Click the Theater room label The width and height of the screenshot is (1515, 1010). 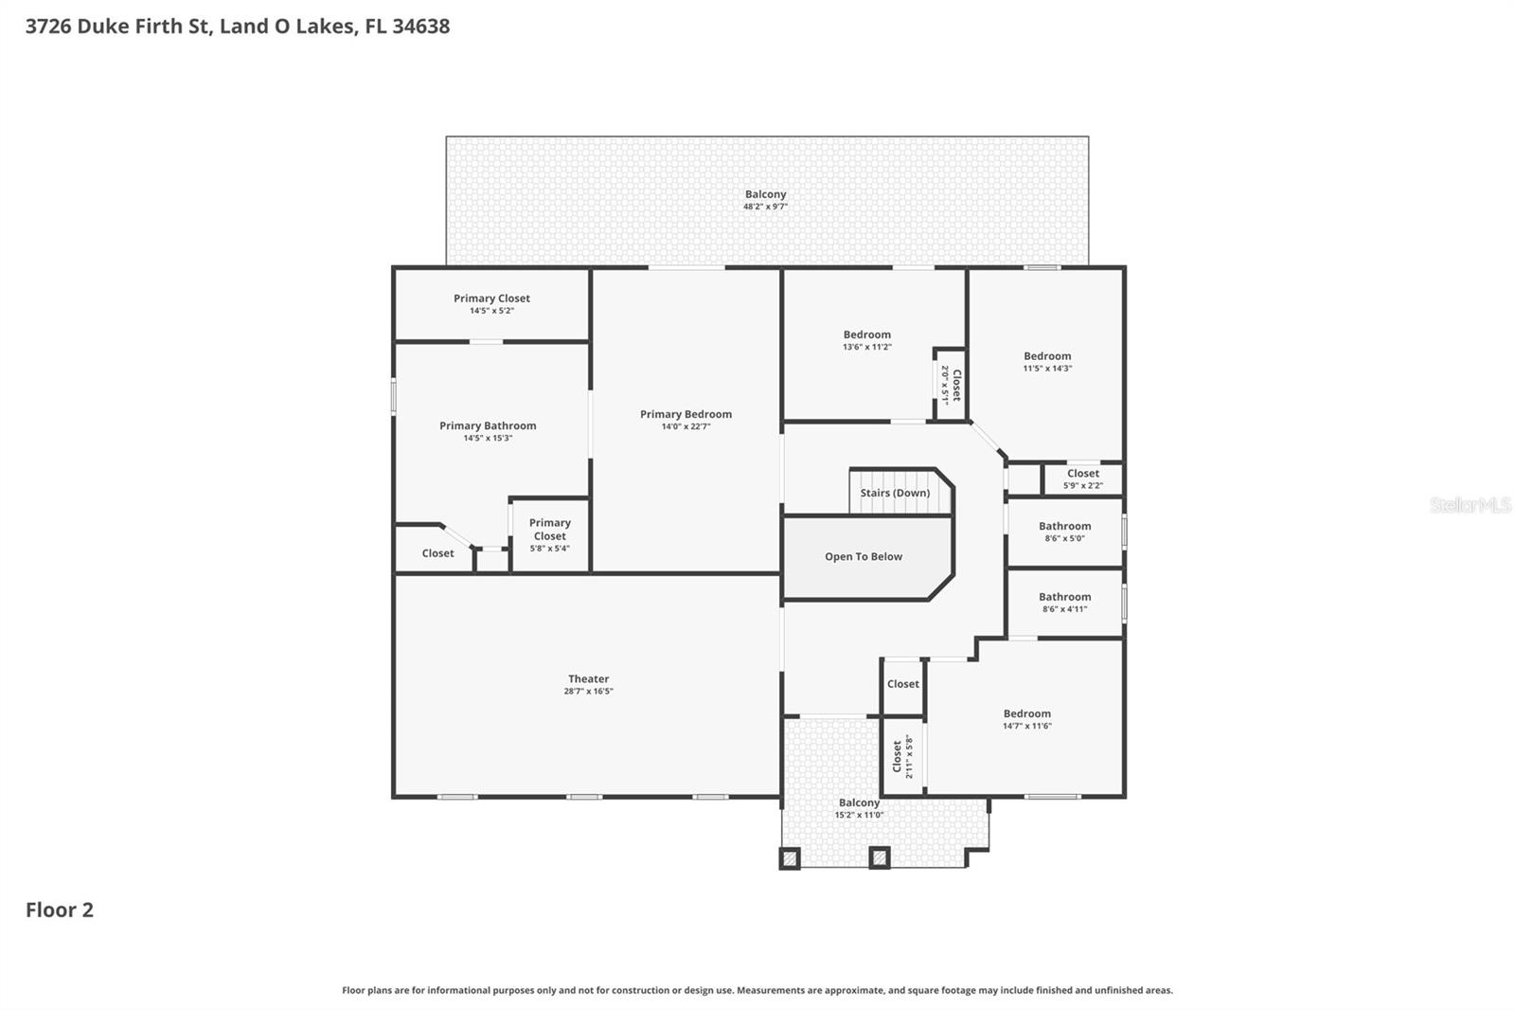click(x=588, y=678)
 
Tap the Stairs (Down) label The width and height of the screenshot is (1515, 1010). click(x=895, y=493)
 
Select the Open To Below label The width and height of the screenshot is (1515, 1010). click(x=863, y=556)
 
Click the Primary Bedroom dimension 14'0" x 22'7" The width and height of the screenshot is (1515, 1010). click(x=686, y=426)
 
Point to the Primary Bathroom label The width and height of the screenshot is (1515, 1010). click(x=488, y=425)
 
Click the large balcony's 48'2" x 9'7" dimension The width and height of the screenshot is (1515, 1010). click(x=765, y=207)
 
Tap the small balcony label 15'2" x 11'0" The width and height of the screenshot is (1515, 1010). click(x=859, y=815)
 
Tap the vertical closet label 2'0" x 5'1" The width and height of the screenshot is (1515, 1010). click(x=950, y=385)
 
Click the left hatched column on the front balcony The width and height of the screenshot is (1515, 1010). click(x=790, y=858)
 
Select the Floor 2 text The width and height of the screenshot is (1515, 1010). click(x=60, y=910)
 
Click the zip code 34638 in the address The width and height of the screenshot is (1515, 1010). click(x=420, y=26)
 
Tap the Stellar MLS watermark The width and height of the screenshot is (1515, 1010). click(x=1470, y=505)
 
